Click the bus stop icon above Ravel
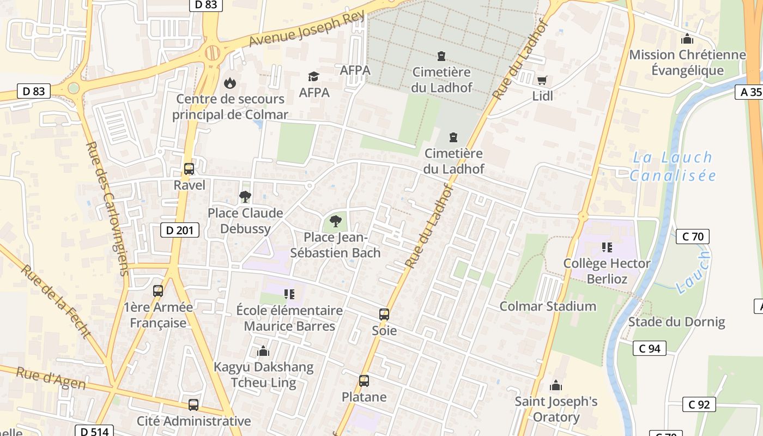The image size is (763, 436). click(189, 169)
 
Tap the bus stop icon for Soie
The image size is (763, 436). click(384, 314)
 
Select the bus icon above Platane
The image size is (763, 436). click(364, 381)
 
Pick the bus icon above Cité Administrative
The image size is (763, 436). click(193, 405)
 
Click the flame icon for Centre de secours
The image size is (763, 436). click(230, 83)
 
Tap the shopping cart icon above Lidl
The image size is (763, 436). click(542, 81)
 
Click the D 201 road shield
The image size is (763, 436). click(179, 230)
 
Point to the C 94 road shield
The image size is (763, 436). click(650, 348)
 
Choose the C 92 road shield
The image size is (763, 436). click(699, 404)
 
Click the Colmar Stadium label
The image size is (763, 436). click(548, 306)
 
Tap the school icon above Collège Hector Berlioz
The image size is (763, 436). click(607, 247)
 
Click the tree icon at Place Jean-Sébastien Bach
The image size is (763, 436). click(336, 221)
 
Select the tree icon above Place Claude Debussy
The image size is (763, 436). click(245, 197)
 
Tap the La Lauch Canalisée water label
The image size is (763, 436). click(673, 166)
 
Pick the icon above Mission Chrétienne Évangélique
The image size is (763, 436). click(687, 39)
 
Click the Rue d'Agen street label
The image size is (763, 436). click(51, 379)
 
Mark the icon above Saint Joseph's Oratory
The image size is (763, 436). click(556, 386)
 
